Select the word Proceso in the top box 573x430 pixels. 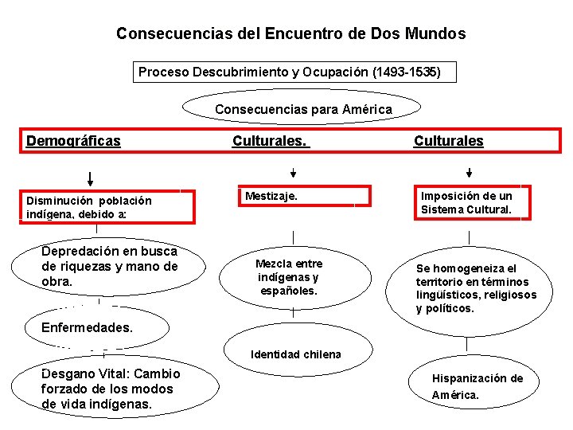164,72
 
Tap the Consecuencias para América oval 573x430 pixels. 303,109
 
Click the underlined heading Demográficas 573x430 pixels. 73,141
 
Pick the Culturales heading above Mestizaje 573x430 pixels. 270,141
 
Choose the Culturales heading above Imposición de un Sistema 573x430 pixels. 448,141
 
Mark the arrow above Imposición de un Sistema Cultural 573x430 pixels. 469,172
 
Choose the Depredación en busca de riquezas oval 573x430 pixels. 110,267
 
